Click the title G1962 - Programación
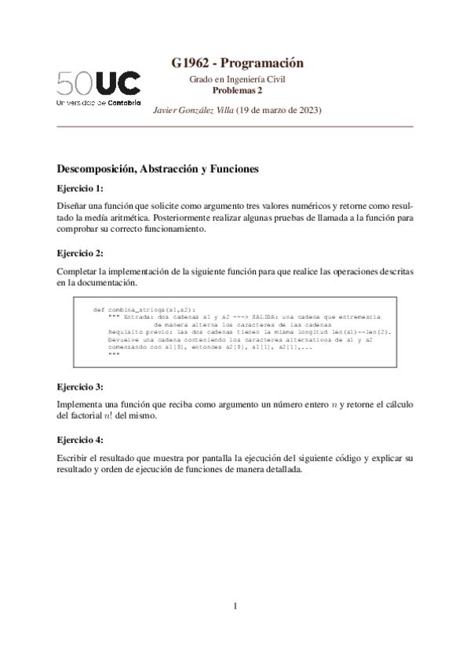point(237,63)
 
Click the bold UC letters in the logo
point(119,84)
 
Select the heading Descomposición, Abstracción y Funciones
point(158,169)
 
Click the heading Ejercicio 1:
point(80,189)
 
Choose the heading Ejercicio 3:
point(80,387)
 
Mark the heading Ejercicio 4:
point(80,440)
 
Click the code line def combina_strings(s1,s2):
point(145,310)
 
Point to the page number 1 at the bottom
point(235,606)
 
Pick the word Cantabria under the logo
point(124,102)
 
